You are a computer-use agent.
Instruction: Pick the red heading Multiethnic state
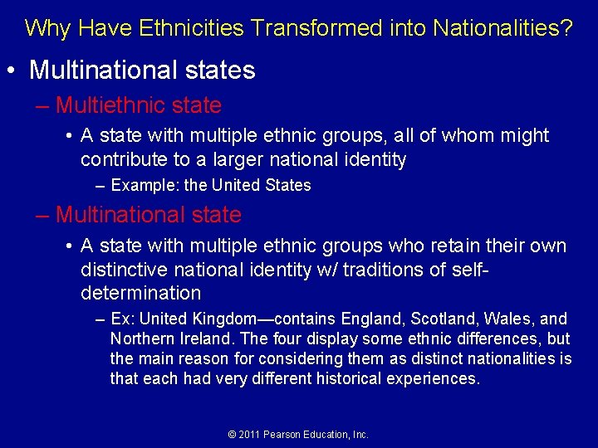(139, 105)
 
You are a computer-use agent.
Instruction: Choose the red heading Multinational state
(149, 215)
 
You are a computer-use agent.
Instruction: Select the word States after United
(287, 185)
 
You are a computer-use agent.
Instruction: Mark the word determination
(141, 293)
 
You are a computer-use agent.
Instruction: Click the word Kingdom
(222, 319)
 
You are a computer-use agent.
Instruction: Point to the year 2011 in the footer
(250, 434)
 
